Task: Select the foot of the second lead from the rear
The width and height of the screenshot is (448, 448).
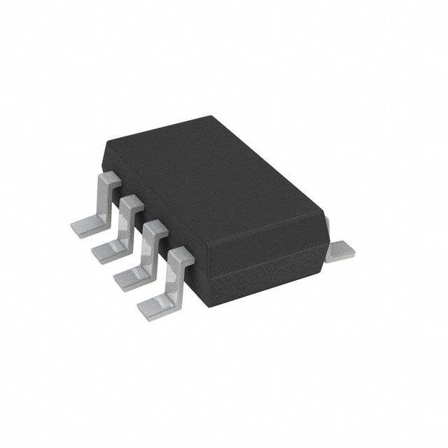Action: click(106, 249)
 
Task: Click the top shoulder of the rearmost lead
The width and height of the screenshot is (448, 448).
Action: click(106, 179)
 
